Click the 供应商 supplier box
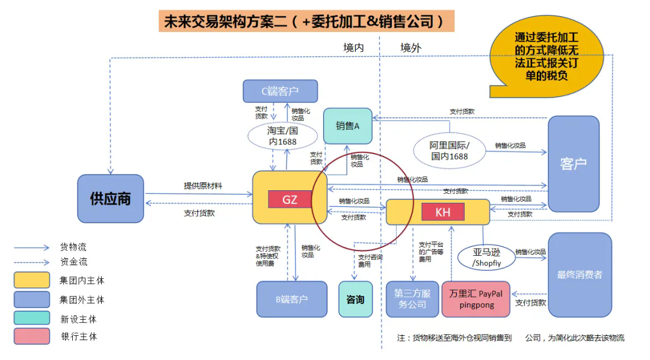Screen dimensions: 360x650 [x=110, y=199]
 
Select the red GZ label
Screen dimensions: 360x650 [x=289, y=199]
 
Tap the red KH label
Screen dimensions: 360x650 [x=443, y=212]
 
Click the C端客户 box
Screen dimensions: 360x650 [x=280, y=92]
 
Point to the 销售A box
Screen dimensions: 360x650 [x=347, y=126]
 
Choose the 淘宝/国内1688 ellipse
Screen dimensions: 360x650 [x=283, y=135]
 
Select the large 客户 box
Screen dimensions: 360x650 [x=573, y=164]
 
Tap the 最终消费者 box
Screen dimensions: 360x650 [x=580, y=275]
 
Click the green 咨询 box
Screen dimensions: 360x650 [x=355, y=299]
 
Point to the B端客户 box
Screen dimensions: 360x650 [x=291, y=299]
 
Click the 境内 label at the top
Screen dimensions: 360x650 [x=353, y=48]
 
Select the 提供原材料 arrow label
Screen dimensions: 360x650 [x=203, y=185]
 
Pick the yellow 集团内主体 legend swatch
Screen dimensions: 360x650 [x=32, y=280]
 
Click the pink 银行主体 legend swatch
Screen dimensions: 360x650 [x=32, y=336]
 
